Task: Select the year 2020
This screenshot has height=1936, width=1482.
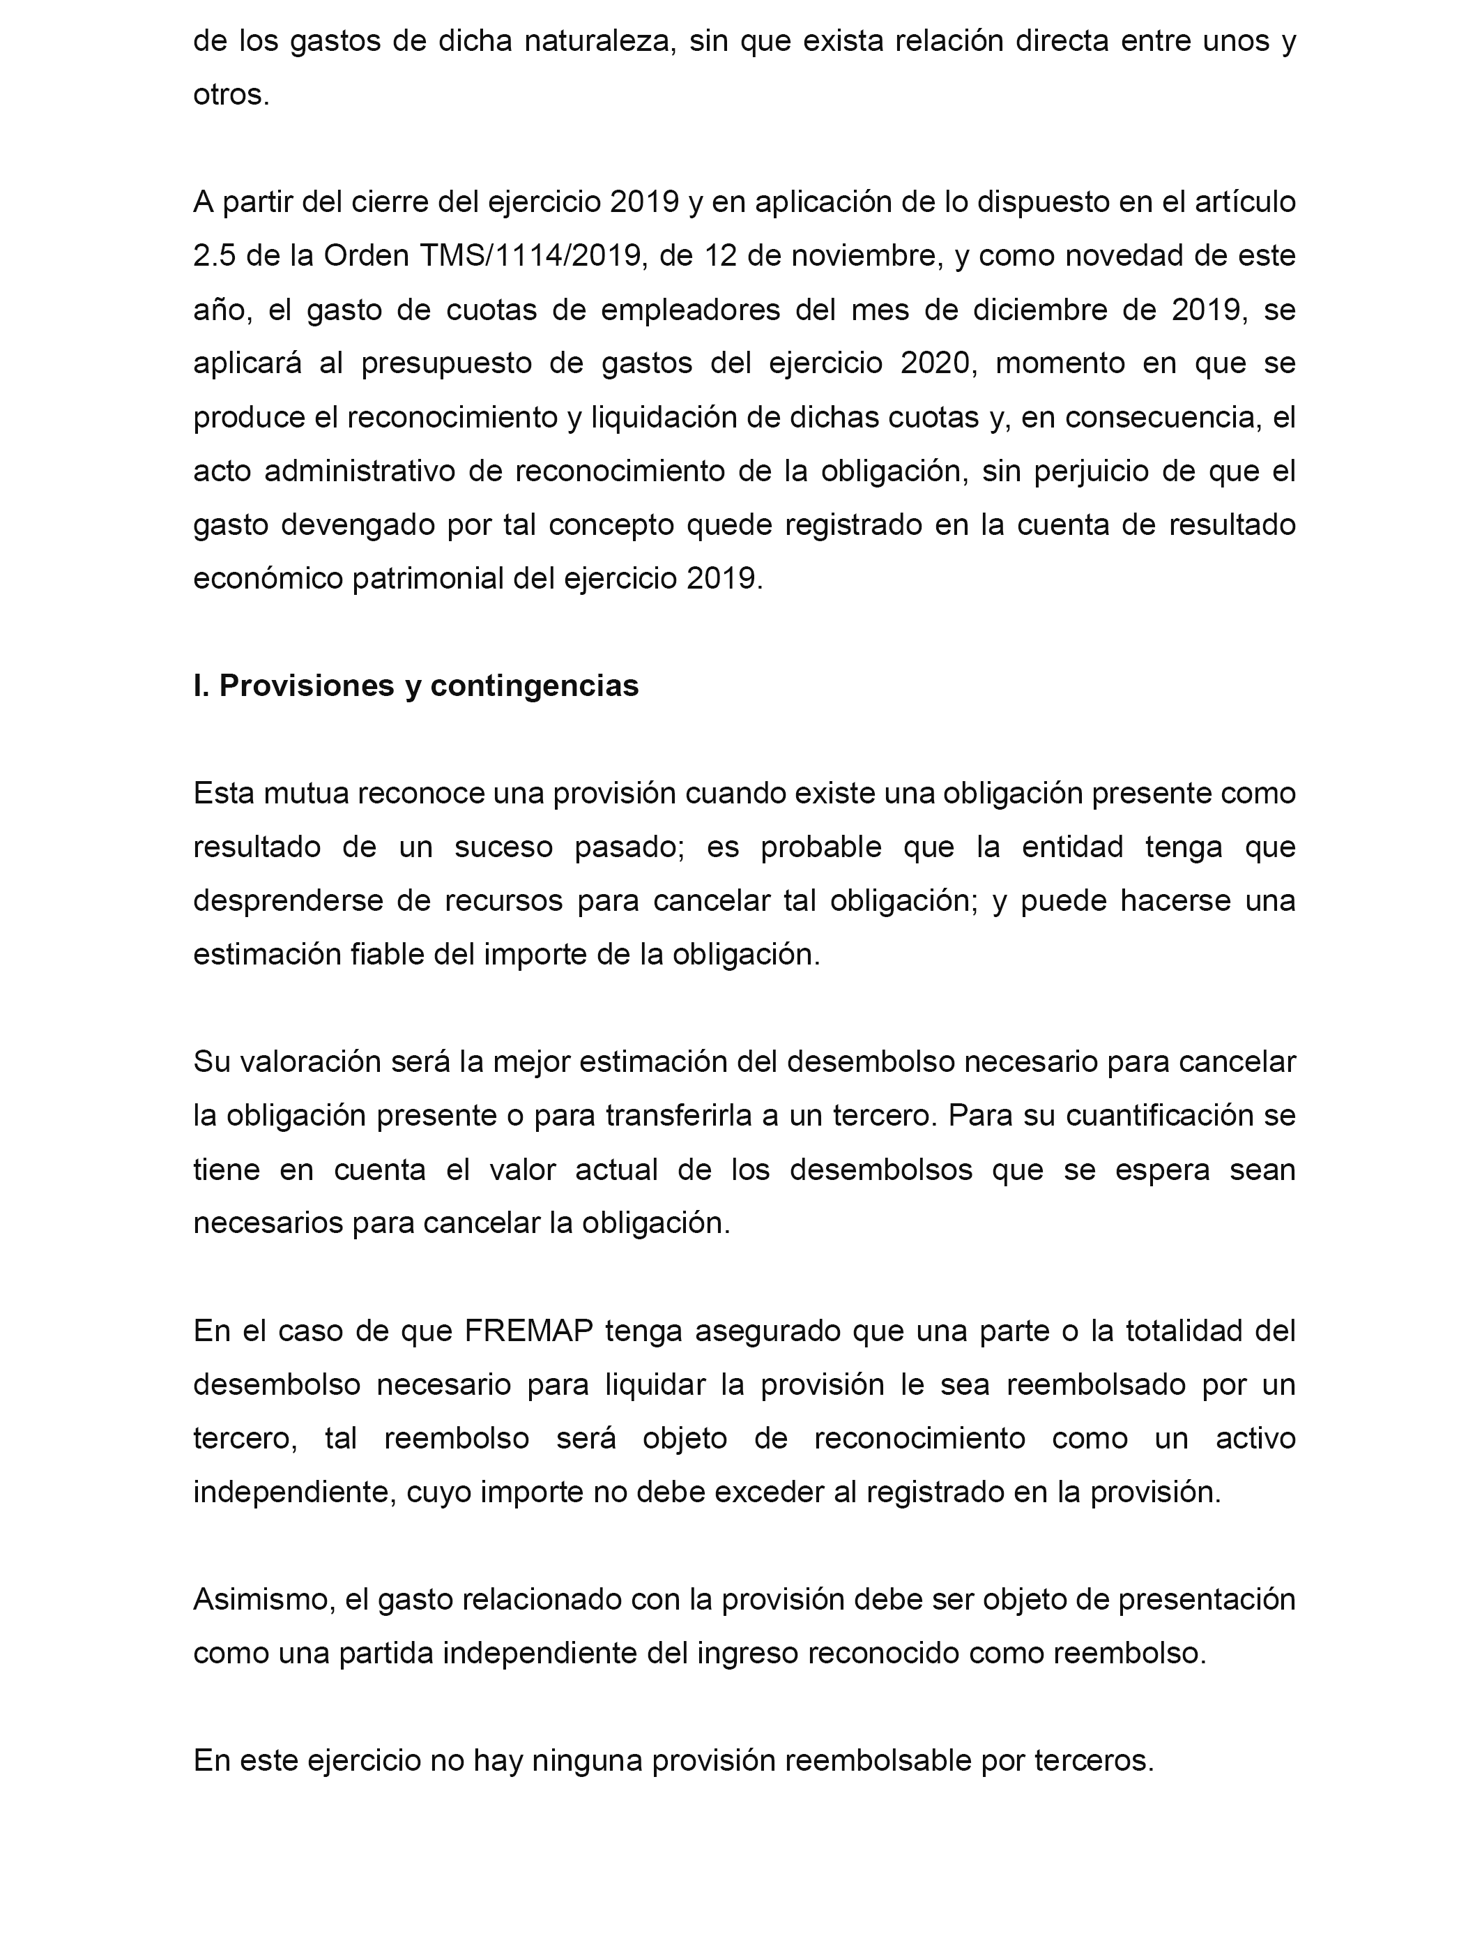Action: click(x=935, y=363)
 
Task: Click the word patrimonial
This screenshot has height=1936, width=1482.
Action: click(x=440, y=579)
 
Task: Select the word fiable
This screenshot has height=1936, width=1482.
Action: click(x=388, y=955)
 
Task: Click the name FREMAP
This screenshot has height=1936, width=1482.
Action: click(x=528, y=1331)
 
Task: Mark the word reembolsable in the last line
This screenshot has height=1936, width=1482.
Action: click(x=878, y=1760)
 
